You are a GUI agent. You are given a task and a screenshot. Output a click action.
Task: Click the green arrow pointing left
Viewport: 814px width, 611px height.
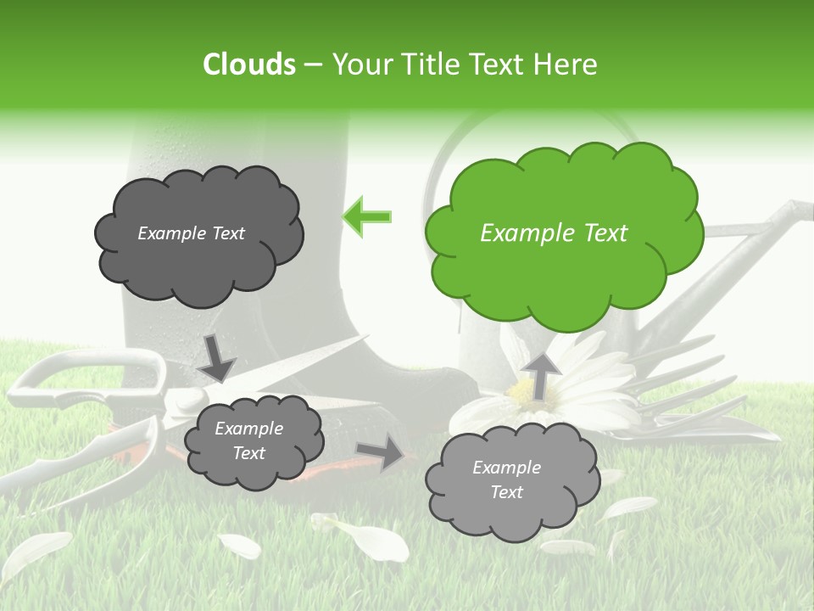point(367,216)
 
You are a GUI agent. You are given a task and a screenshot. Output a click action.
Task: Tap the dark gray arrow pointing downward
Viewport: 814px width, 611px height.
point(217,356)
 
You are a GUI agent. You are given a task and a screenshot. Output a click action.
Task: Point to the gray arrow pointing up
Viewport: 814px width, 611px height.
point(540,373)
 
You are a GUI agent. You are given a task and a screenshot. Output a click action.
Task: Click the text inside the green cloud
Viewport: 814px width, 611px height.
point(554,233)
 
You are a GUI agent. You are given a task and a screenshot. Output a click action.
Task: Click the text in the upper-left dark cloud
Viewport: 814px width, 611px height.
point(191,233)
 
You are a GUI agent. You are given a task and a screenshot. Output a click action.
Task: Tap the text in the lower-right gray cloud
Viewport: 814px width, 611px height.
point(506,479)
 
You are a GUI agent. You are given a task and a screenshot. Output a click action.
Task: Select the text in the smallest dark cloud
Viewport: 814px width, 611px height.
point(248,441)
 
